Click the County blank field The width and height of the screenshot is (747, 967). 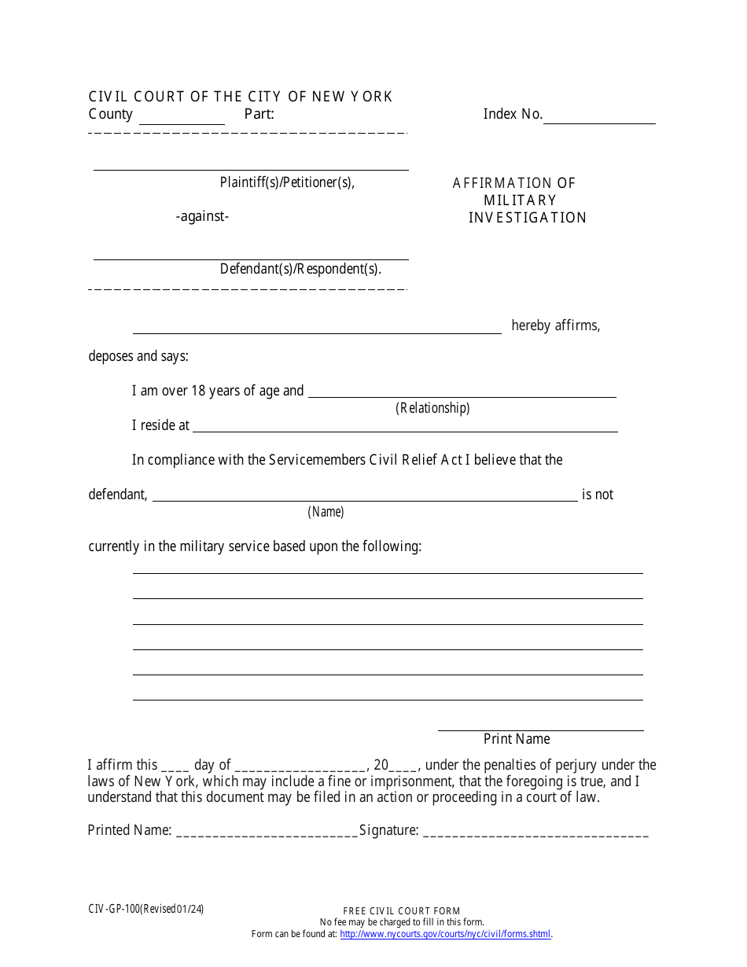point(182,118)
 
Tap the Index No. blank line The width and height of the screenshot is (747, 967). point(599,117)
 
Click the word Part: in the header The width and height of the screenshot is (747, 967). point(259,114)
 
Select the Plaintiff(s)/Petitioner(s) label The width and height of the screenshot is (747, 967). point(287,182)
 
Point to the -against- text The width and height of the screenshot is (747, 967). point(202,216)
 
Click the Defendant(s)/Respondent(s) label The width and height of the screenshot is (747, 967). point(300,269)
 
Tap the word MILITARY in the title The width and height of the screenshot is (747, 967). point(520,200)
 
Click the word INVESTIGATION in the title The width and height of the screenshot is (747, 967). point(528,218)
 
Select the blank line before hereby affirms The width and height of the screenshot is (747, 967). point(317,328)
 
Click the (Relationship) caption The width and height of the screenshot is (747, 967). point(432,408)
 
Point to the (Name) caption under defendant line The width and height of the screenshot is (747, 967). point(326,512)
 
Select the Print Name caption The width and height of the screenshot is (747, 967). point(517,739)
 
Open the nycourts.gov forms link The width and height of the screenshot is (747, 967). point(446,935)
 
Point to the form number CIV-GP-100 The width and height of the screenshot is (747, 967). point(114,910)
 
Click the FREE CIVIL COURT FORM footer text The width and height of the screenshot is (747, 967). point(402,911)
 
